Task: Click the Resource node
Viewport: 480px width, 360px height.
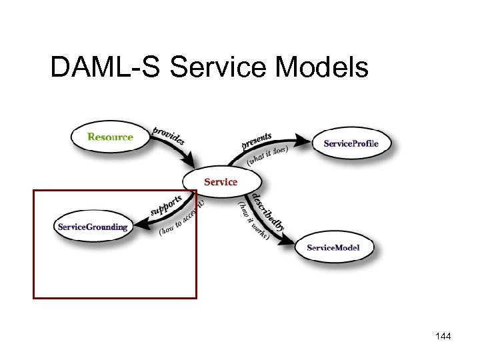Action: click(110, 137)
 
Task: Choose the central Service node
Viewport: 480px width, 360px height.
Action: click(221, 181)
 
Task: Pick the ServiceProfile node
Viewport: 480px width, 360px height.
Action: click(351, 143)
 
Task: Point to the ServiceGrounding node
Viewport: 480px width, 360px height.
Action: click(92, 227)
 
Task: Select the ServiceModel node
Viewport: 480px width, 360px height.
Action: click(333, 248)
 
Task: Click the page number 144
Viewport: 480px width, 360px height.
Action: click(442, 337)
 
